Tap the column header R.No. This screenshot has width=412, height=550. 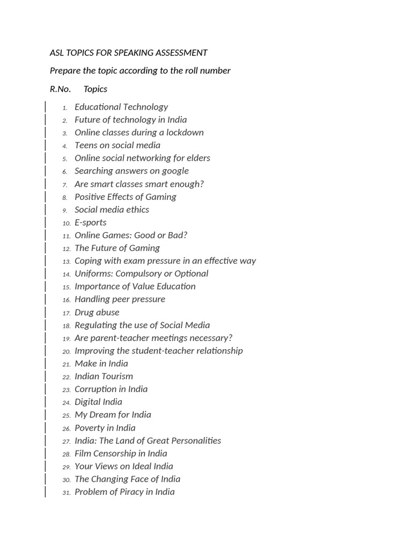(60, 89)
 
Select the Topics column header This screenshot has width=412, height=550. (95, 89)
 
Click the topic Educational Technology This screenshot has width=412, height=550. (121, 107)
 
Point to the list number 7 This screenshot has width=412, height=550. (65, 185)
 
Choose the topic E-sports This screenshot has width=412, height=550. (91, 222)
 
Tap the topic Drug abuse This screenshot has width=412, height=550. (97, 312)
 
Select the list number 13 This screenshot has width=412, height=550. (67, 262)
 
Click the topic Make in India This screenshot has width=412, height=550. (101, 364)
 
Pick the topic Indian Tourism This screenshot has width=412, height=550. (104, 377)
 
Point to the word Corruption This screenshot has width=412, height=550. (95, 389)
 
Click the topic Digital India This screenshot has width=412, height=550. (99, 402)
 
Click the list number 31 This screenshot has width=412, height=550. (67, 493)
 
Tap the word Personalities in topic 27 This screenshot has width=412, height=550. (194, 440)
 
